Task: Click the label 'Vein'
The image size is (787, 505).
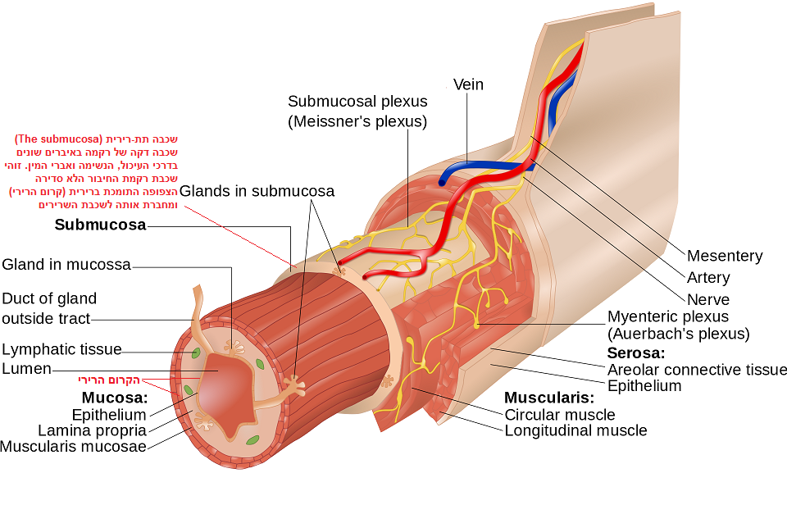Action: click(x=468, y=84)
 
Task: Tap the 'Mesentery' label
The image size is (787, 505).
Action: click(x=725, y=256)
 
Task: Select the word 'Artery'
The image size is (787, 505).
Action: click(x=707, y=278)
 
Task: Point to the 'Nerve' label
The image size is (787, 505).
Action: click(x=708, y=299)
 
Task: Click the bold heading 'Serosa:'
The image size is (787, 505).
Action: click(x=636, y=353)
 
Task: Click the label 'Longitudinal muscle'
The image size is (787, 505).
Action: click(x=575, y=430)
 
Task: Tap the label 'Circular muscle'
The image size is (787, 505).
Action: click(x=559, y=415)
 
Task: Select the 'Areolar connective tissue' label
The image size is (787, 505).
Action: click(x=697, y=370)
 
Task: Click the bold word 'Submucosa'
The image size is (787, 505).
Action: click(x=100, y=225)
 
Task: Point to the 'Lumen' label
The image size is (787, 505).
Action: click(x=26, y=369)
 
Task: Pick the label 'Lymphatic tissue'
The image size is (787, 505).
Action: click(x=61, y=349)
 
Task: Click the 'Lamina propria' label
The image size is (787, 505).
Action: click(x=92, y=430)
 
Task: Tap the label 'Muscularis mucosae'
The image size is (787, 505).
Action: click(x=73, y=447)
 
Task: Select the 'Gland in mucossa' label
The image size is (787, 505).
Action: click(x=66, y=264)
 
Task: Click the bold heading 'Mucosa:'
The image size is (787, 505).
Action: click(x=115, y=398)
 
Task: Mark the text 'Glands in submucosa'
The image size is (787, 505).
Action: click(x=257, y=191)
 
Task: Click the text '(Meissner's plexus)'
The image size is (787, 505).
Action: click(x=357, y=121)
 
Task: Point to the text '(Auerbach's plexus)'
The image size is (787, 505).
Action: click(x=678, y=334)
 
